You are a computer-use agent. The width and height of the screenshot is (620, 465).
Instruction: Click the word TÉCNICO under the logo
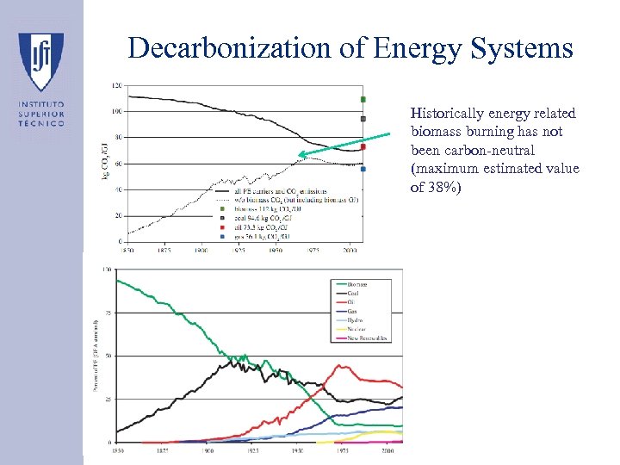[40, 123]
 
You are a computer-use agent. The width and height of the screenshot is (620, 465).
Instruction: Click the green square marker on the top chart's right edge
[363, 99]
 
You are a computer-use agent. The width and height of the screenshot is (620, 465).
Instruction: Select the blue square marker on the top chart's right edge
[363, 169]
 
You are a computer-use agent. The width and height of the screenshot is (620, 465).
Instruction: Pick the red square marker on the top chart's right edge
[363, 146]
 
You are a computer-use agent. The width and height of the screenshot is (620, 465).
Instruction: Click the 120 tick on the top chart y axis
[116, 85]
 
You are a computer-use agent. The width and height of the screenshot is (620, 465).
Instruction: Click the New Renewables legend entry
[367, 338]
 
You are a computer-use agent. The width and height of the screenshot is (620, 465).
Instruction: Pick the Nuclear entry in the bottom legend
[357, 329]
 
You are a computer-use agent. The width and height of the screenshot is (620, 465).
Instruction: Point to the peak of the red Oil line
[343, 366]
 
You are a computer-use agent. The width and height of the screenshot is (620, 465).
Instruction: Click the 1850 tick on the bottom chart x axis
[116, 450]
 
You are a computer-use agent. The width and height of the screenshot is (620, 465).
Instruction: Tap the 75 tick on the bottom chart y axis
[108, 313]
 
